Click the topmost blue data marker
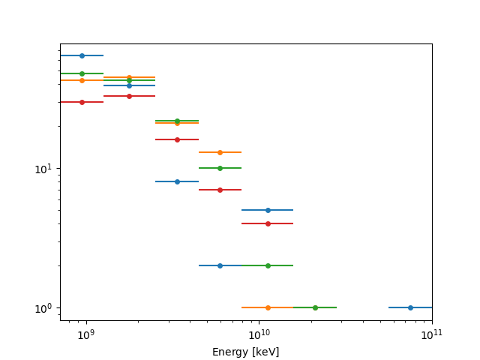tap(82, 55)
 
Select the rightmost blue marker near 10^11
tap(410, 307)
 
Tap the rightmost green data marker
tap(315, 307)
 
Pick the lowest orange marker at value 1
tap(268, 307)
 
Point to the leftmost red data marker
tap(82, 102)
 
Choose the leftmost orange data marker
tap(82, 80)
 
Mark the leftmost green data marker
tap(82, 73)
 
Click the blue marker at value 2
tap(220, 265)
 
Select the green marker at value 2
tap(268, 265)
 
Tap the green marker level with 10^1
tap(220, 168)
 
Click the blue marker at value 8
tap(177, 181)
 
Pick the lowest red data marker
tap(268, 223)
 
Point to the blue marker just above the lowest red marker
tap(268, 210)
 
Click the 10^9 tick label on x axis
tap(85, 334)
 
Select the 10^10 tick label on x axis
tap(259, 334)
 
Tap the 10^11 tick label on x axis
tap(432, 334)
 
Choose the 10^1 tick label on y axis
tap(44, 168)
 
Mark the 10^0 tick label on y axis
tap(44, 308)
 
